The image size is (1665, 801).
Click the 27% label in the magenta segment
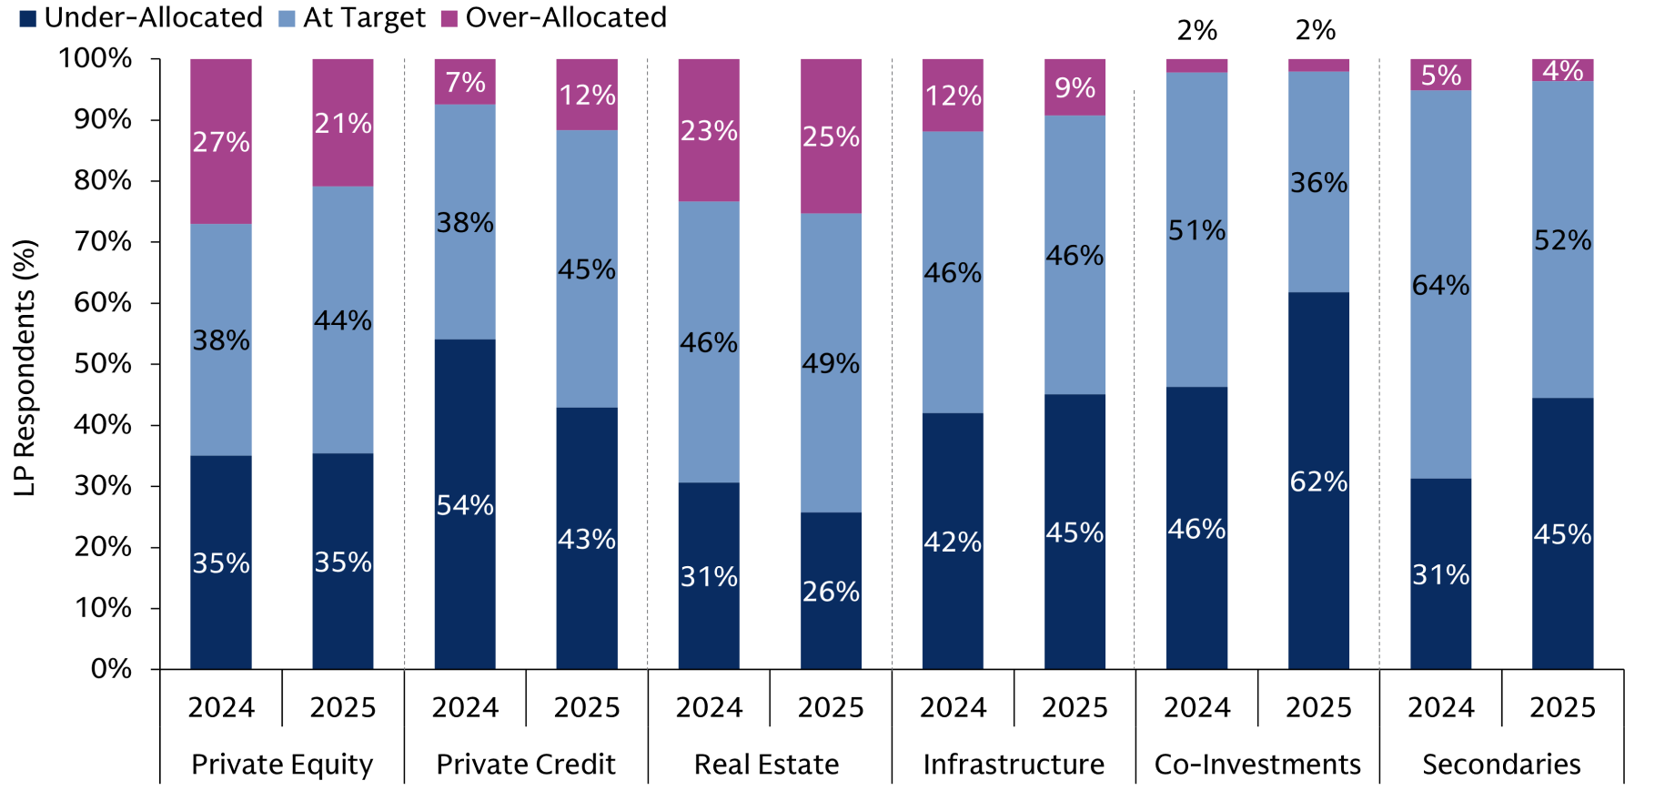221,142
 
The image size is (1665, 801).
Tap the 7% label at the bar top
465,83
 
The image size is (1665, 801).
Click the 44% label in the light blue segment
343,320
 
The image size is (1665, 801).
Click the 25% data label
831,137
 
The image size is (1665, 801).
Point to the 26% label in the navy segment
831,592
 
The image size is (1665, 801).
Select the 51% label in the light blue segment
1196,230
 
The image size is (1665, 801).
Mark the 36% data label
1318,183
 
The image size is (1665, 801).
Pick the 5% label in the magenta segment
1440,75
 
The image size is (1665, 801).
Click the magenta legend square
449,18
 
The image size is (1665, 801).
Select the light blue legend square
287,18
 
